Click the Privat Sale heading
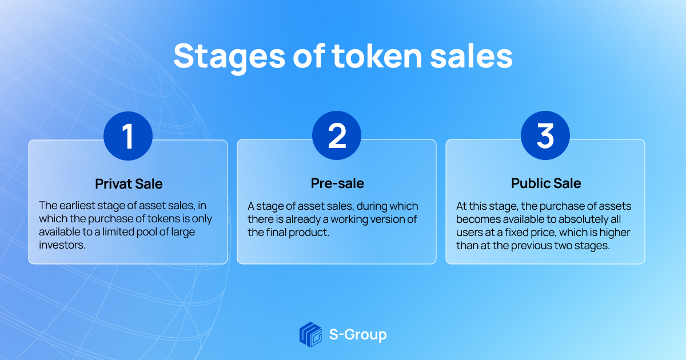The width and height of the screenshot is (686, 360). tap(128, 184)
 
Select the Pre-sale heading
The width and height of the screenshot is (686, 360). tap(337, 183)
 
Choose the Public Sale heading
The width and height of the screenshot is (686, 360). tap(545, 183)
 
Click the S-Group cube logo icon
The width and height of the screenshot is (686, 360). tap(311, 334)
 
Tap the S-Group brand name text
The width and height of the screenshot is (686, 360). tap(358, 334)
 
